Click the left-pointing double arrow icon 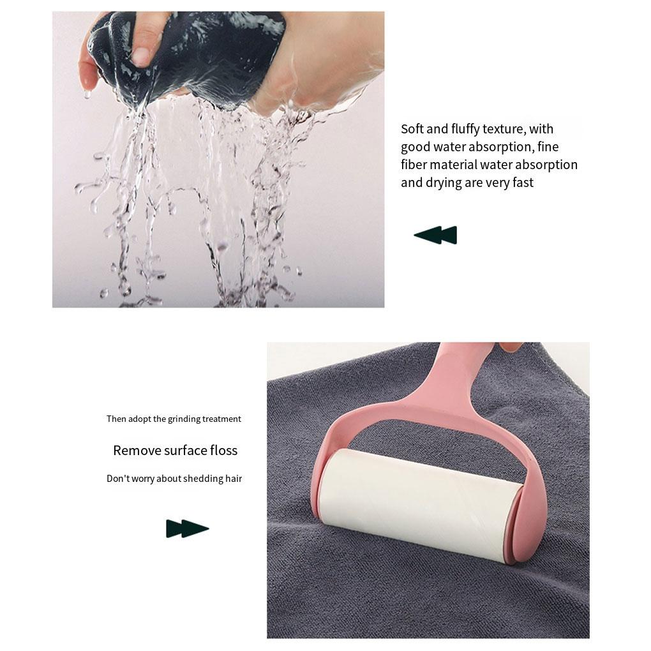click(435, 235)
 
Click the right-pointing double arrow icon click(188, 528)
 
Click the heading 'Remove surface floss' click(175, 450)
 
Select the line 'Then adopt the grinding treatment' click(174, 419)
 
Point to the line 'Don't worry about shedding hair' click(174, 478)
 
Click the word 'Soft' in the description click(414, 129)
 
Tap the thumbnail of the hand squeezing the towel click(218, 159)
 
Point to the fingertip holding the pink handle click(511, 347)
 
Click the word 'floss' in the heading click(222, 450)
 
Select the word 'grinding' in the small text click(184, 419)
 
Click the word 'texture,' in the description click(504, 129)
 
